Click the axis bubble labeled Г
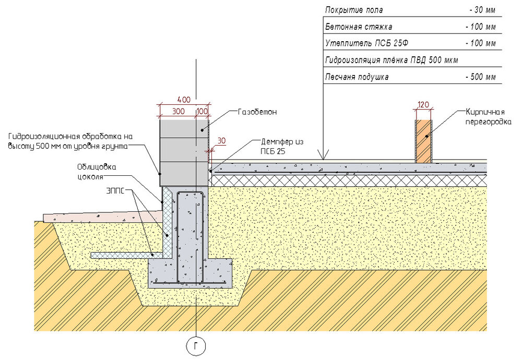[196, 346]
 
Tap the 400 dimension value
[183, 99]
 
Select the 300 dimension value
[177, 112]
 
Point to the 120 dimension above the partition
[423, 104]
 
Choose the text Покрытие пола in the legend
[354, 10]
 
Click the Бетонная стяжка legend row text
[358, 27]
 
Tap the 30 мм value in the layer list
[482, 10]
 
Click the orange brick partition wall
[423, 141]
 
